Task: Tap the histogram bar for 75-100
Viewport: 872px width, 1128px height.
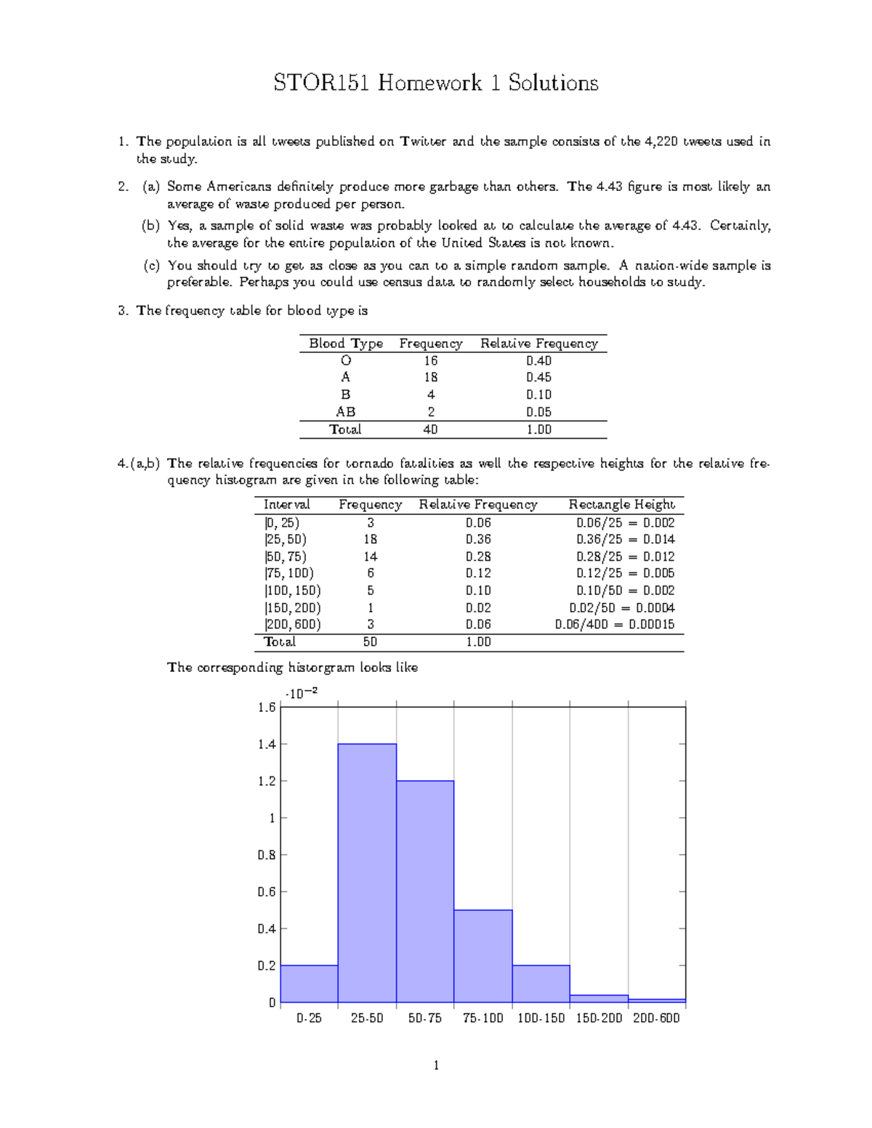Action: (x=483, y=956)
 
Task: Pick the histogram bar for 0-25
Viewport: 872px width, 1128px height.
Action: (x=309, y=984)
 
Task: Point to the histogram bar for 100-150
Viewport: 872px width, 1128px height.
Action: (x=541, y=984)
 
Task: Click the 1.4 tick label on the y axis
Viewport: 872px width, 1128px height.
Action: (x=267, y=744)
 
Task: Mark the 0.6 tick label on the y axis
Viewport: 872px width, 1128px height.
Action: (x=267, y=892)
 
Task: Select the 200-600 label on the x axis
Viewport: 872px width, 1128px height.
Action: (x=656, y=1018)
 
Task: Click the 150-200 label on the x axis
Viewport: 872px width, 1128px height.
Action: (x=599, y=1018)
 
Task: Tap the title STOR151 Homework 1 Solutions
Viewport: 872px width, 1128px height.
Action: (x=436, y=83)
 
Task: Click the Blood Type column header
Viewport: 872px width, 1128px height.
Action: (x=346, y=344)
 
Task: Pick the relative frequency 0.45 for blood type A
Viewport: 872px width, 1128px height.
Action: (x=538, y=378)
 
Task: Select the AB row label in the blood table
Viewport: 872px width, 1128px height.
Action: (x=346, y=412)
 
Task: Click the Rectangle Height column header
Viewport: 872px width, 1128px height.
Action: (x=621, y=505)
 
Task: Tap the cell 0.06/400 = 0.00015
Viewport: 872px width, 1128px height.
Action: (x=615, y=625)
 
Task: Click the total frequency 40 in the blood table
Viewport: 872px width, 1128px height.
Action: (x=430, y=430)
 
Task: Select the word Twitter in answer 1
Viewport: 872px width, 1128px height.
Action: (x=423, y=142)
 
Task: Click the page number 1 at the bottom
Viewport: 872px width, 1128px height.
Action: (x=436, y=1066)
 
